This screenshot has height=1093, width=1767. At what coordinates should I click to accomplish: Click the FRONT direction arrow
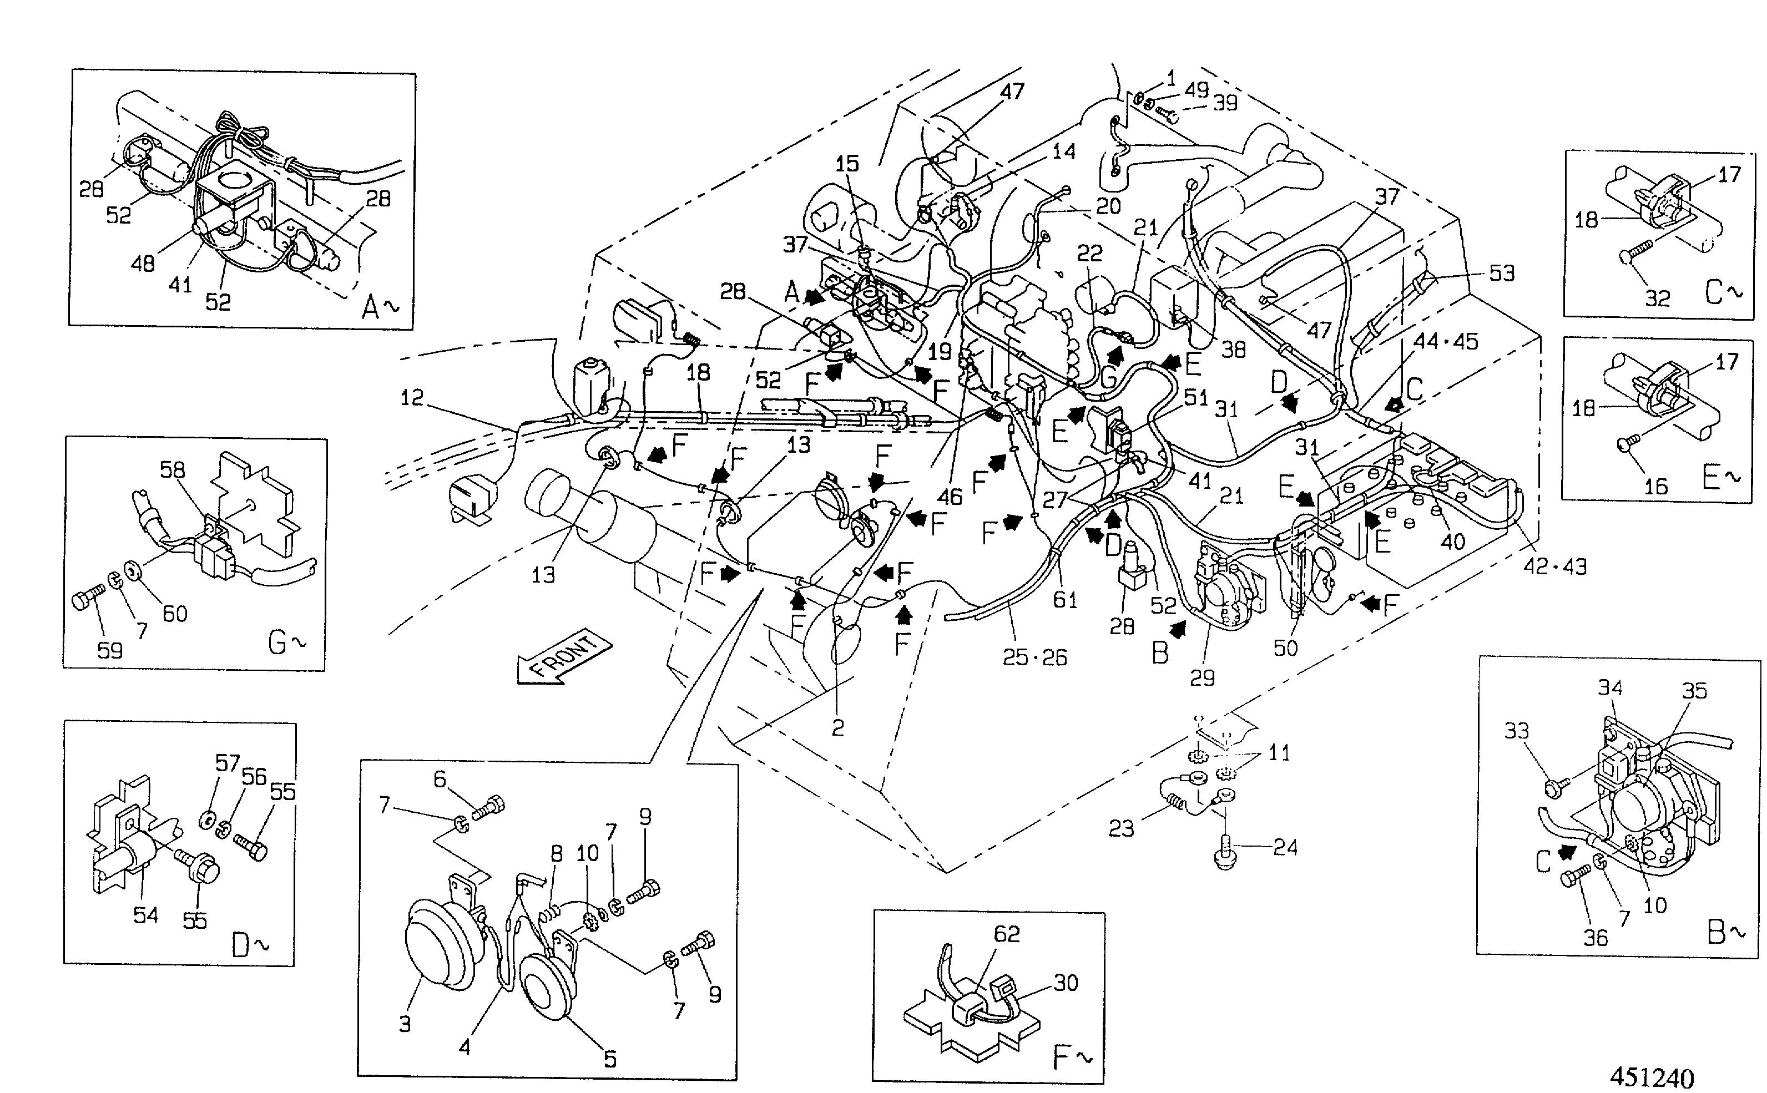click(x=564, y=657)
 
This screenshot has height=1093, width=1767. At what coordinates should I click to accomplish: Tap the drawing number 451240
click(x=1652, y=1077)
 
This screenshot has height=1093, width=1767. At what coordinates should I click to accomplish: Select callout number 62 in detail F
click(x=1006, y=934)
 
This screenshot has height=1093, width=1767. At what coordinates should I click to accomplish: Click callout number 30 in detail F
click(x=1066, y=983)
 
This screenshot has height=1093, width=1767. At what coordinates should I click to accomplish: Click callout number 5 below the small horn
click(x=610, y=1059)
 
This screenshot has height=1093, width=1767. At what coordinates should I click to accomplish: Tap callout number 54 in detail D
click(x=145, y=914)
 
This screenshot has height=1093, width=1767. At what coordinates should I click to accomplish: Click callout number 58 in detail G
click(x=172, y=470)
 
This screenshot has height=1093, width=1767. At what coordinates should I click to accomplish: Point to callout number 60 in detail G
click(x=175, y=613)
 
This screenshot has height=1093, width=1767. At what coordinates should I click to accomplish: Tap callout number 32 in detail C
click(x=1657, y=298)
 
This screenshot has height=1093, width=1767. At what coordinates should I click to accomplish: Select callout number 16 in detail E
click(x=1655, y=486)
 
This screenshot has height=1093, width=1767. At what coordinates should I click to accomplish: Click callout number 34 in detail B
click(x=1610, y=687)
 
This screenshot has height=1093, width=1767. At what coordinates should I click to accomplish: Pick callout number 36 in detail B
click(x=1596, y=938)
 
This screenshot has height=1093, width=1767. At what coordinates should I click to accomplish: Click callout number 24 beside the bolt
click(x=1285, y=847)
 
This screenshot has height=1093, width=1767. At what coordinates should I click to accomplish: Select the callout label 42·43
click(x=1554, y=566)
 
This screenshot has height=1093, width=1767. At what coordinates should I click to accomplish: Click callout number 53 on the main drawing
click(x=1502, y=272)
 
